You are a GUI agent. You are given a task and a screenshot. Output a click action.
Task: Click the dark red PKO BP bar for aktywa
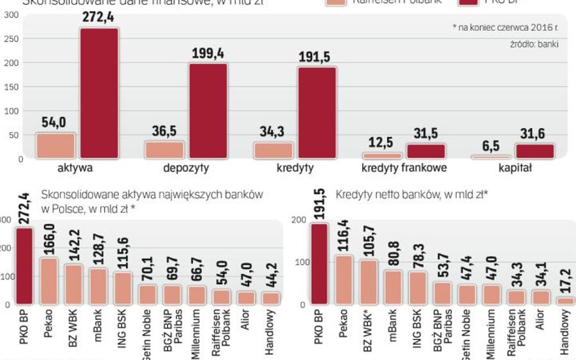100,94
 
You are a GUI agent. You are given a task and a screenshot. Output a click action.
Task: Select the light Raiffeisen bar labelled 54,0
55,146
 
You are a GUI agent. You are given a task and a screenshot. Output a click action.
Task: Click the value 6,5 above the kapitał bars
491,146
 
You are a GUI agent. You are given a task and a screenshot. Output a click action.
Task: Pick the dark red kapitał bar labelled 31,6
535,151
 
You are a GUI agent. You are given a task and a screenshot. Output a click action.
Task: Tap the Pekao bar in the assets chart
49,281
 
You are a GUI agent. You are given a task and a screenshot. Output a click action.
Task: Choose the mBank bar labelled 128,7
98,286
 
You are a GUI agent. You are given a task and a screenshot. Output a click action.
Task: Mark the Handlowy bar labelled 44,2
271,298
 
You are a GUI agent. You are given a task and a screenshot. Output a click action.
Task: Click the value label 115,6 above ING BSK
124,255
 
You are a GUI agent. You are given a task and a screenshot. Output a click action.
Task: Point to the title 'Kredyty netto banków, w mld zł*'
412,195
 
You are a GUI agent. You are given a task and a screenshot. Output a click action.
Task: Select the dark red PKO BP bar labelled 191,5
320,264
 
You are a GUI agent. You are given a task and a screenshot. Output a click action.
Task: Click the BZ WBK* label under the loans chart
369,331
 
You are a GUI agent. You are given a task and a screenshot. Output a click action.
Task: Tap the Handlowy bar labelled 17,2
564,301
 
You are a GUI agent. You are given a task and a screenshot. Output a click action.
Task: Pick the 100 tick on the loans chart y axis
298,262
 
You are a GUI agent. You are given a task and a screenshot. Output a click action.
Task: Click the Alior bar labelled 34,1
540,297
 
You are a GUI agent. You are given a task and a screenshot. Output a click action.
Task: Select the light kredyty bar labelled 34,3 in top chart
273,151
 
